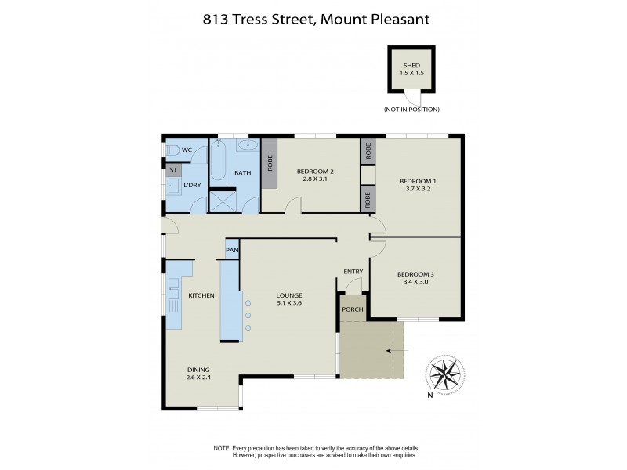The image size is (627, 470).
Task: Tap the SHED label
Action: [x=411, y=66]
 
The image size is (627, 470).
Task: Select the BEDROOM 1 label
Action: [x=418, y=181]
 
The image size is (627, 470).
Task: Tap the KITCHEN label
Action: [x=201, y=295]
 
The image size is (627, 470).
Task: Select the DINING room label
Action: [x=198, y=370]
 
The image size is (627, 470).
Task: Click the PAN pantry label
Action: [x=232, y=250]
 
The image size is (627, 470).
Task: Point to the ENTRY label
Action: [x=353, y=272]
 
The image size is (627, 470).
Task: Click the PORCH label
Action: [x=352, y=309]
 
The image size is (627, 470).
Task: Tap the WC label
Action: [x=187, y=150]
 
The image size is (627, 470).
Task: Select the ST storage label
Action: [x=173, y=168]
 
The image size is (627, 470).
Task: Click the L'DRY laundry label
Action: [x=191, y=185]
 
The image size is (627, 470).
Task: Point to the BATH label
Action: [x=242, y=172]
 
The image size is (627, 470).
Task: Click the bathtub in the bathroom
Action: [x=218, y=164]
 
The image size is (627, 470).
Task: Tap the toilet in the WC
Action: [x=172, y=150]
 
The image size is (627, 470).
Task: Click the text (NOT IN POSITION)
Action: [x=411, y=109]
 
